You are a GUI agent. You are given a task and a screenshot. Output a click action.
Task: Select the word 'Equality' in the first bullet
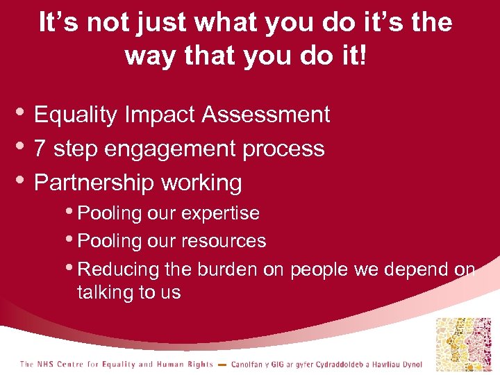pos(76,115)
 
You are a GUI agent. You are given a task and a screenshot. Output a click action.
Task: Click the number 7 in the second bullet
pos(40,149)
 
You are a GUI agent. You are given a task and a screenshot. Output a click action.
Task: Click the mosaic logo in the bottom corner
pos(463,344)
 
